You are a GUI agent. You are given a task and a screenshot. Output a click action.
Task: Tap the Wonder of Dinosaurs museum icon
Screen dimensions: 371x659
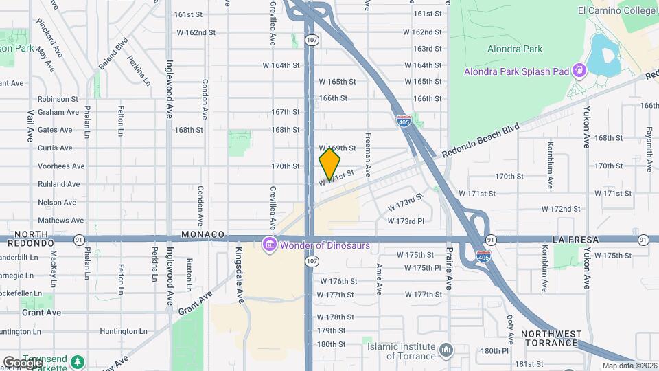tap(269, 245)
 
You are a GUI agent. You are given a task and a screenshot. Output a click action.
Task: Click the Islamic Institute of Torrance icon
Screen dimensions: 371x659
tap(447, 350)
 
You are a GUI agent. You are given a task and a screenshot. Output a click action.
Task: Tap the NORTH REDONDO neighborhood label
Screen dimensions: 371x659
tap(27, 238)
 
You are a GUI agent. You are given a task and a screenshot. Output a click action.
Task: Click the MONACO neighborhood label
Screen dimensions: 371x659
tap(203, 234)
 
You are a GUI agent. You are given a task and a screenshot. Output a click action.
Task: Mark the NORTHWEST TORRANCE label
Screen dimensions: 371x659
tap(551, 338)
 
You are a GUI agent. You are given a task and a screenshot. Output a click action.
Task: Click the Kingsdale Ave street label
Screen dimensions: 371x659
tap(240, 275)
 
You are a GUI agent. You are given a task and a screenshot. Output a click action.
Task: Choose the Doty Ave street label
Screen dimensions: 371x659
tap(510, 329)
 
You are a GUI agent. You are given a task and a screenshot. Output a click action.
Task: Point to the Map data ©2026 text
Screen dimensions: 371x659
tap(628, 366)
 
